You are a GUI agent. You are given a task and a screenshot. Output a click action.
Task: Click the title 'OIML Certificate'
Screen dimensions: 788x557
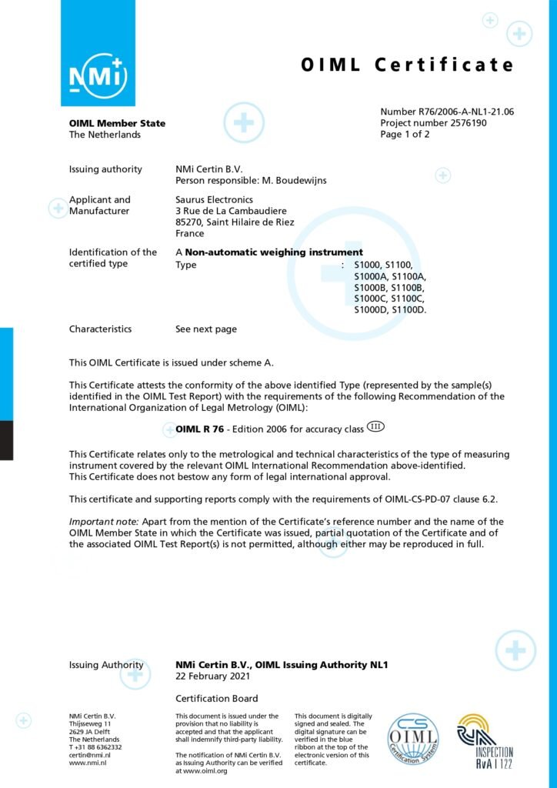(407, 65)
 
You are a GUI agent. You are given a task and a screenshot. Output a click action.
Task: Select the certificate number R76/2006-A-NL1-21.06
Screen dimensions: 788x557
(447, 112)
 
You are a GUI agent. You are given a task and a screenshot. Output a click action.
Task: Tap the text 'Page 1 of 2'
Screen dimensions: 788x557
(405, 134)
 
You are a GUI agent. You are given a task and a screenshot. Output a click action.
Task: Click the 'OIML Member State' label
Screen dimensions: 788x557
(117, 123)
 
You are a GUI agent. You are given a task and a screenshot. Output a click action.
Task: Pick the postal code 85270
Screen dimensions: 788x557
(189, 222)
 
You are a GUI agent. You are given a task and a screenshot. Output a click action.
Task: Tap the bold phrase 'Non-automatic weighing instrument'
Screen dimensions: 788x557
(274, 252)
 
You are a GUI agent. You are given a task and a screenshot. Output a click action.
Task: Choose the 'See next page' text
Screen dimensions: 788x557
(206, 329)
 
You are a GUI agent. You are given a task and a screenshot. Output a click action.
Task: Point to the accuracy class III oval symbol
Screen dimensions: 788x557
(375, 426)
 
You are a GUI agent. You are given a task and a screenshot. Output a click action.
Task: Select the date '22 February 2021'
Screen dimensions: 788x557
(212, 676)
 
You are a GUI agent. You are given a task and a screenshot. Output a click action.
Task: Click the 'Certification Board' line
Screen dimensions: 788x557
(217, 699)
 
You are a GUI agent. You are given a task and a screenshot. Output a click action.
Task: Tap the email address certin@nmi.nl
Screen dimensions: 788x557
(90, 755)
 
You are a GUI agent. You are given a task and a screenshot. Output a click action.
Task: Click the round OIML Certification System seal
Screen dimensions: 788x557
(413, 740)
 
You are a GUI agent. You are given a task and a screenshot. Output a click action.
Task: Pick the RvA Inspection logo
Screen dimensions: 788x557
(484, 741)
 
